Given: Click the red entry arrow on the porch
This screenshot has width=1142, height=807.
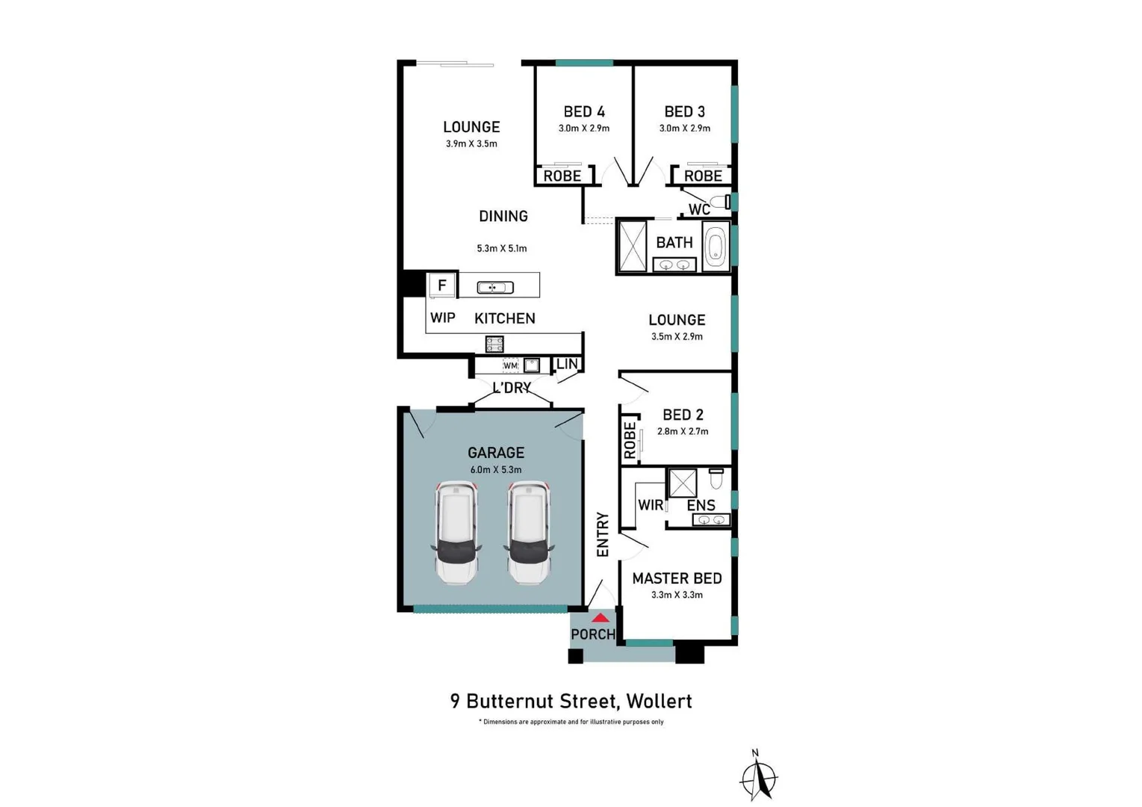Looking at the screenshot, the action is point(600,618).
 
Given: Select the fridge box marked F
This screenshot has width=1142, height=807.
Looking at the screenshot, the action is point(441,285).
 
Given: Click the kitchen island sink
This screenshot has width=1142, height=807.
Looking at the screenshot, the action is point(495,288).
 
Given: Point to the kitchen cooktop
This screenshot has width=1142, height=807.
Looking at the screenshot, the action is point(494,344).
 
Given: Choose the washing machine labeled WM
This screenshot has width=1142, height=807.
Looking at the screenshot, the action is point(510,365).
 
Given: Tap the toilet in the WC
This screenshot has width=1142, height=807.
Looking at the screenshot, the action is point(720,202).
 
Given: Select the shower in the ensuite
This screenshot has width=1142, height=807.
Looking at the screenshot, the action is point(683,483).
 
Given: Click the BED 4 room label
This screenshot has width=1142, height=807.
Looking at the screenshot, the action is point(584,112).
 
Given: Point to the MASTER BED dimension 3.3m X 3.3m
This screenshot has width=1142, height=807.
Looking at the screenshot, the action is point(677,595).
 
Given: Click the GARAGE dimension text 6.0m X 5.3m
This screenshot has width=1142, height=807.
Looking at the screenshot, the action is point(495,470).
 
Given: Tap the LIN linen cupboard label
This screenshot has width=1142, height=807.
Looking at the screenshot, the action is point(567,364).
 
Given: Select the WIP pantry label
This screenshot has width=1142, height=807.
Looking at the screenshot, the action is point(442,318).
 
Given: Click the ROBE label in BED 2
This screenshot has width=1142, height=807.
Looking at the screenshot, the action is point(630,440).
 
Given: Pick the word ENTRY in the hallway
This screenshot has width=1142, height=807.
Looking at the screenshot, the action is point(603,534).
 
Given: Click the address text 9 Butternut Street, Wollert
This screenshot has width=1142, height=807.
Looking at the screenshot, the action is point(571,701).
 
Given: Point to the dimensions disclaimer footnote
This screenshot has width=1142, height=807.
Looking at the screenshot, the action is point(571,722).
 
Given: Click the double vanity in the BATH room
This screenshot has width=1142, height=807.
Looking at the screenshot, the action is point(674,265).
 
